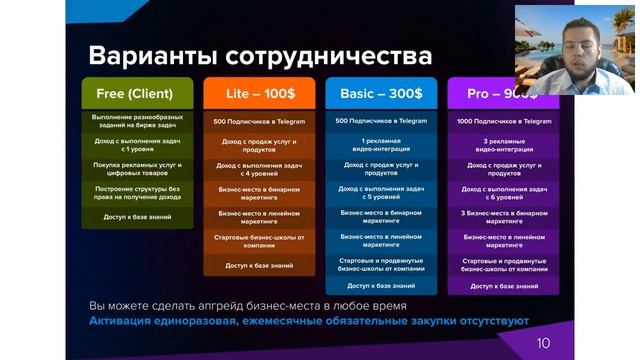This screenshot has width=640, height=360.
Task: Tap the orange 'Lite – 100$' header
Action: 257,93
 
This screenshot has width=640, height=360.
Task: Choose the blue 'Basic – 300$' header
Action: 381,93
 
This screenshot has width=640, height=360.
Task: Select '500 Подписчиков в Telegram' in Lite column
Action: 258,121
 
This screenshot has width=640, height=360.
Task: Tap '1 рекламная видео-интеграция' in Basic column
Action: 381,145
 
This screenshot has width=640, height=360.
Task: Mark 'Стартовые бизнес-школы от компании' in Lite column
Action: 258,241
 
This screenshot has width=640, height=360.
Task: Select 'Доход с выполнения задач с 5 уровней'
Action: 381,193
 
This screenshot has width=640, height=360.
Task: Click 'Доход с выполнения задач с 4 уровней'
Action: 258,169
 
